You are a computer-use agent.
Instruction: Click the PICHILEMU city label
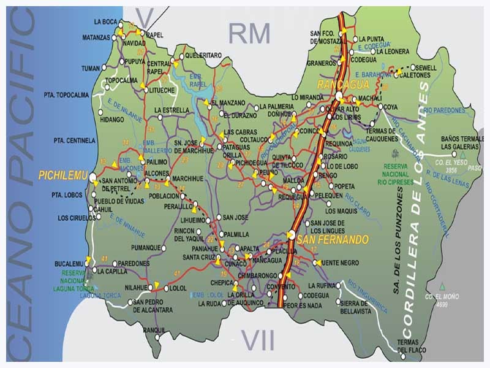[x=61, y=175]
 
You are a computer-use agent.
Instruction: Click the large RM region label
[x=249, y=34]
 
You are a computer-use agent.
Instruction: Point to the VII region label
[x=257, y=340]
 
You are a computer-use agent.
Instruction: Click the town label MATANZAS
[x=95, y=37]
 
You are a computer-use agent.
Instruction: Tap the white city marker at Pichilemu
[x=92, y=177]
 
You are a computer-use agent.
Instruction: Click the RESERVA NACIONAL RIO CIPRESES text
[x=394, y=174]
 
